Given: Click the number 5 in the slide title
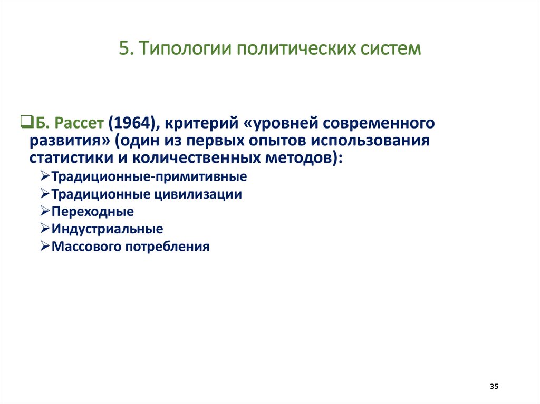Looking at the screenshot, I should click(124, 48).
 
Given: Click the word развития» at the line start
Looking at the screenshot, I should click(66, 141).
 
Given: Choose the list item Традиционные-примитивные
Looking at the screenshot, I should click(149, 177).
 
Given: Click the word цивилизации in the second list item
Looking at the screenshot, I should click(198, 194).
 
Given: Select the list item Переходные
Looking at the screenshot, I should click(93, 212).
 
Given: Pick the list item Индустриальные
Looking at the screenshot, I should click(107, 229).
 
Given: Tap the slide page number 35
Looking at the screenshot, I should click(494, 387).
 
